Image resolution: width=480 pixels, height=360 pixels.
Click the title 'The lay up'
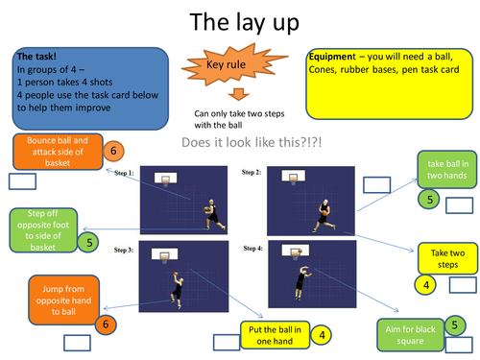pos(239,21)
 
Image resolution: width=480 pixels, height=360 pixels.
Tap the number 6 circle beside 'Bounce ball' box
pos(112,151)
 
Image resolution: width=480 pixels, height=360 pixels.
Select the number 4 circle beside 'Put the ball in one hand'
pos(322,335)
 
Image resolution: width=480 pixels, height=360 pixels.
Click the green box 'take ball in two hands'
pos(444,169)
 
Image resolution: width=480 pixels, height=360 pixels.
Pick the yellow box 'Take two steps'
pos(446,258)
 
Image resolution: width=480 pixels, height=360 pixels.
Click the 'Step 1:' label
pos(127,174)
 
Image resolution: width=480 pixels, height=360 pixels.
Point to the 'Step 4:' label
pos(253,249)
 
